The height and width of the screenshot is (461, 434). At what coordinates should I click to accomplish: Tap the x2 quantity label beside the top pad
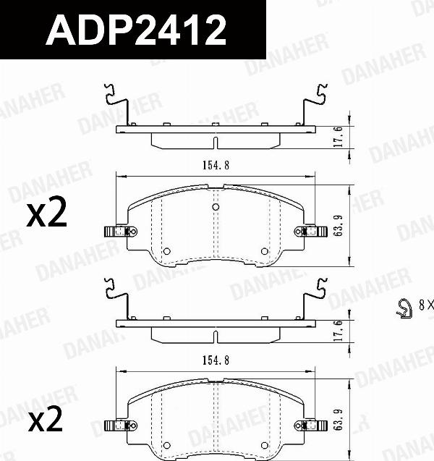(46, 215)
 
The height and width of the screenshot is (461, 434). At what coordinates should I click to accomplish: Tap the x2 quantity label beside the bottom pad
(46, 419)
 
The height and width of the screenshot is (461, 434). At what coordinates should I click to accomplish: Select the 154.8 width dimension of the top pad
(216, 165)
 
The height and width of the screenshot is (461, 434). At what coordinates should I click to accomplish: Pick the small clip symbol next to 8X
(404, 308)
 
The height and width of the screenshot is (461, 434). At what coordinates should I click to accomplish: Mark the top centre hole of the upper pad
(216, 208)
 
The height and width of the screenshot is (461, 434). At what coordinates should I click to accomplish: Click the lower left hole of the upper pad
(166, 251)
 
